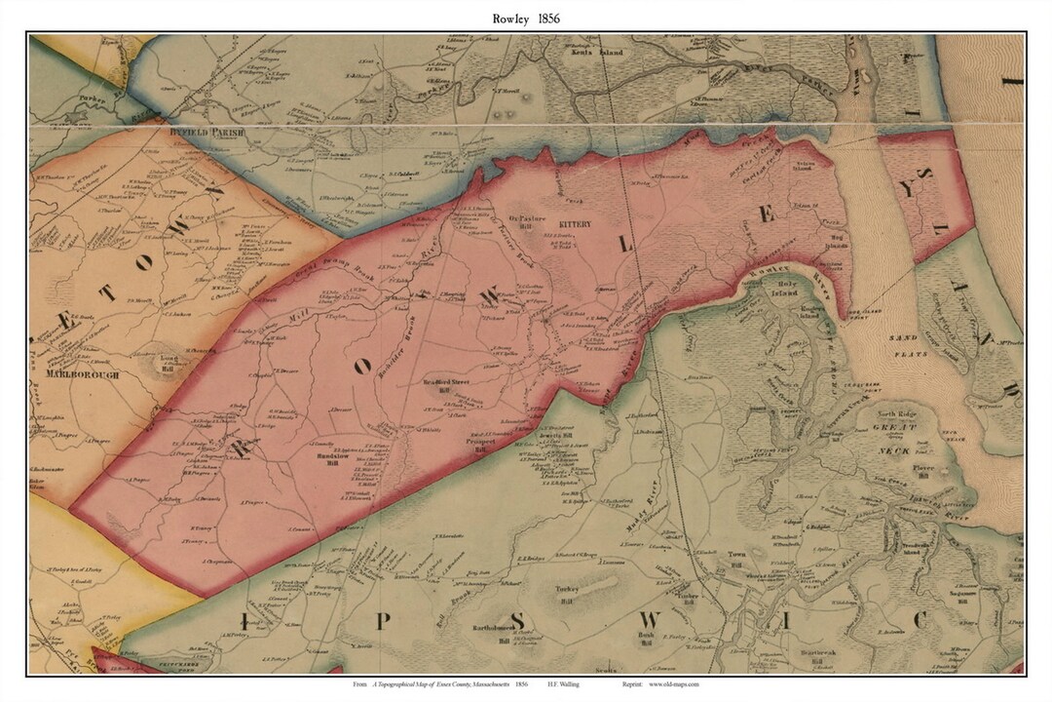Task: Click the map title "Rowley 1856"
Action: tap(526, 18)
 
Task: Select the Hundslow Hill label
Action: tap(332, 458)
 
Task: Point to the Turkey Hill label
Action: tap(567, 594)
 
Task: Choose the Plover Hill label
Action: tap(923, 472)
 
